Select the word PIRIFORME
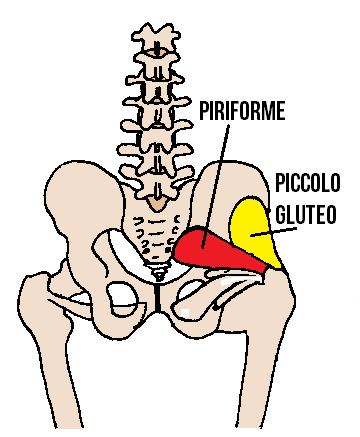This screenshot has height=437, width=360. coord(242,107)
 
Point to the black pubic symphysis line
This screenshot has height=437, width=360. coord(157,297)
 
